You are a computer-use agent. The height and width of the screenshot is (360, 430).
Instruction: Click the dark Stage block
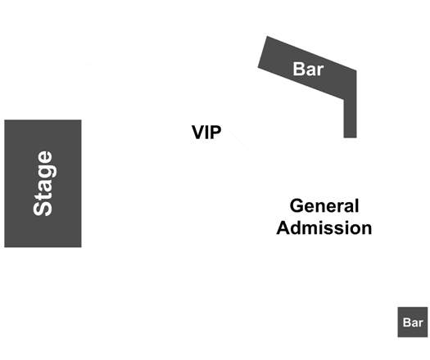point(43,183)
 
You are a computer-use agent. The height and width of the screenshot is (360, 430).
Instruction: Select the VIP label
point(206,132)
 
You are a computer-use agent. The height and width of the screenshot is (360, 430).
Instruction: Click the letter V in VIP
point(198,132)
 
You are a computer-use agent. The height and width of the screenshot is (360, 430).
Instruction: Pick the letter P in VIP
point(216,132)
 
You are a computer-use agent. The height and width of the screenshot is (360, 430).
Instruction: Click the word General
point(324,205)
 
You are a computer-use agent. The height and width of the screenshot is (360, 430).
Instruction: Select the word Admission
point(324,227)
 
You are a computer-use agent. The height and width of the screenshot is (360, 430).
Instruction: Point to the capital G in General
point(296,205)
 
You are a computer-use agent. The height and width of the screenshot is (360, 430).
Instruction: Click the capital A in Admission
point(283,227)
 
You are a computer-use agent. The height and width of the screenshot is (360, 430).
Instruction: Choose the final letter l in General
point(357,205)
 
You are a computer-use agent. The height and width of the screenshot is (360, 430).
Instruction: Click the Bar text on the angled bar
point(308,69)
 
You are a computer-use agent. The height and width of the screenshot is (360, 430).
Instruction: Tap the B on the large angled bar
point(299,69)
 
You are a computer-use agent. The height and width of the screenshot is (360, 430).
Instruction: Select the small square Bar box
point(413,322)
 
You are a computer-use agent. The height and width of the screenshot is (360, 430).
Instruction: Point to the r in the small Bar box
point(421,323)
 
